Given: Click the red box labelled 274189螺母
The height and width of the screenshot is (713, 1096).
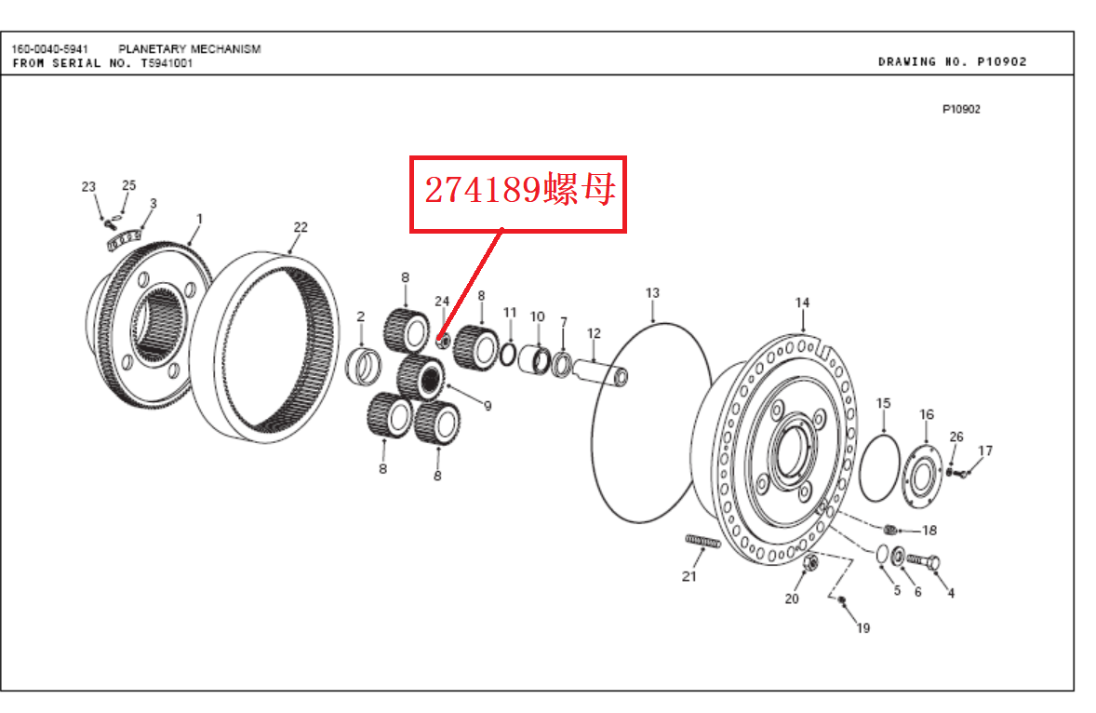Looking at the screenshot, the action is tap(518, 195).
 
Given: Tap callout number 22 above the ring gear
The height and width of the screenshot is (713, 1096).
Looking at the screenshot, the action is tap(301, 227).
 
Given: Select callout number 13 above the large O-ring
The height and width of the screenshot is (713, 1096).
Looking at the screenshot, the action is tap(652, 293).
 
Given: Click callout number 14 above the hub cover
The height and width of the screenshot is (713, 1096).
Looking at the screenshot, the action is tap(802, 303).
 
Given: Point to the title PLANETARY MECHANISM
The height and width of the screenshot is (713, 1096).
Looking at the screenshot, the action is tap(190, 49).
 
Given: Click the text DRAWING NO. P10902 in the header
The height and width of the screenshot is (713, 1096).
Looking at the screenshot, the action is tap(952, 61).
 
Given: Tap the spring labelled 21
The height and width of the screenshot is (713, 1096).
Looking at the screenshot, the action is tap(702, 541).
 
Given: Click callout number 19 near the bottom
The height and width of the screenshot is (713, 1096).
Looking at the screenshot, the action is tap(863, 627).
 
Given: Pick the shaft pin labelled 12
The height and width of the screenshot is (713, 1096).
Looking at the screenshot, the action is tap(600, 371).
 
